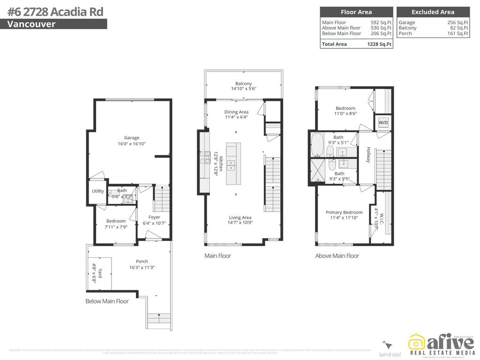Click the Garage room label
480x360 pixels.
(132, 138)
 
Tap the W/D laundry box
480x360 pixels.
(383, 123)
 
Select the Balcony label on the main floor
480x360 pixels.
(243, 84)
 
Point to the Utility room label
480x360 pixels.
(98, 191)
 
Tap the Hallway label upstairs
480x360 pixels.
(368, 154)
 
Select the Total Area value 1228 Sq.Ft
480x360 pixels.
(379, 44)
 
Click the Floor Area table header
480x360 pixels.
(356, 12)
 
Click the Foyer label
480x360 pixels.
(154, 217)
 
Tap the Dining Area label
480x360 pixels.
(236, 112)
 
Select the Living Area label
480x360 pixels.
(240, 217)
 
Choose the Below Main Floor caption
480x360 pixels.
(107, 301)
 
